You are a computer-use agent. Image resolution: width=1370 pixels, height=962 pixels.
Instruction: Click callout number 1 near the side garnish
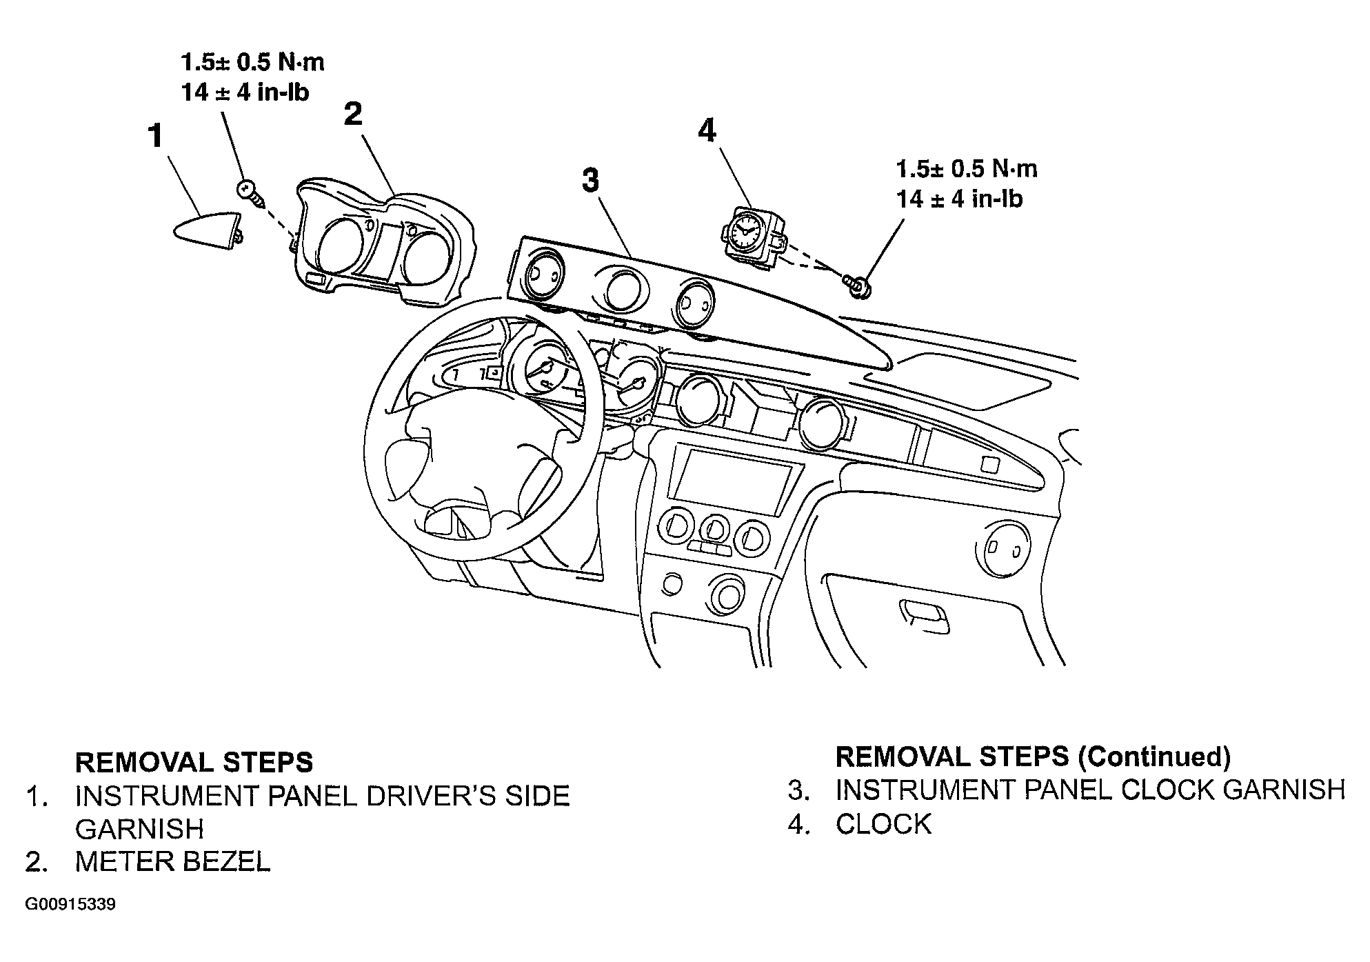point(157,136)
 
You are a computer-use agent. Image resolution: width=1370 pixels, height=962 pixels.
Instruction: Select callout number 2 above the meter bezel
point(353,114)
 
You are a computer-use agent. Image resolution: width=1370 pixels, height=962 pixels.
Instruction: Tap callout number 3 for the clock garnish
point(590,181)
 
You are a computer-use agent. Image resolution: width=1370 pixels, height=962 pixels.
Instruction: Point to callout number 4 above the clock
point(707,130)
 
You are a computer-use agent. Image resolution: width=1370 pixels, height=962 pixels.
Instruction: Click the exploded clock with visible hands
point(753,234)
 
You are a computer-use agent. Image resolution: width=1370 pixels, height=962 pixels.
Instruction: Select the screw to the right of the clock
point(856,285)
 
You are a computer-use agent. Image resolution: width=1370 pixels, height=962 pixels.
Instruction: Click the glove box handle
point(924,615)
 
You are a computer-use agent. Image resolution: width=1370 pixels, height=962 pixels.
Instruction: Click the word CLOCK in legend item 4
point(883,824)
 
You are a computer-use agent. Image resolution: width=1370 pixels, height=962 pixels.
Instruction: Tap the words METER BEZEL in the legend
point(173,861)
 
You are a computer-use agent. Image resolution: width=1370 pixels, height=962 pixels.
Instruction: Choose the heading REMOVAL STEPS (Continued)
point(1033,756)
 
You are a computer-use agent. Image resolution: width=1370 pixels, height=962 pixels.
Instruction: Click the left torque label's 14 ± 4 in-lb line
point(245,92)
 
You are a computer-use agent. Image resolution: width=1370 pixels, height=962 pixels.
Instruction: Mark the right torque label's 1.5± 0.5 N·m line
point(967,169)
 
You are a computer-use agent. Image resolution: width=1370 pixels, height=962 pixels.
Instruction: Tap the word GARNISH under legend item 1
point(139,829)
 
